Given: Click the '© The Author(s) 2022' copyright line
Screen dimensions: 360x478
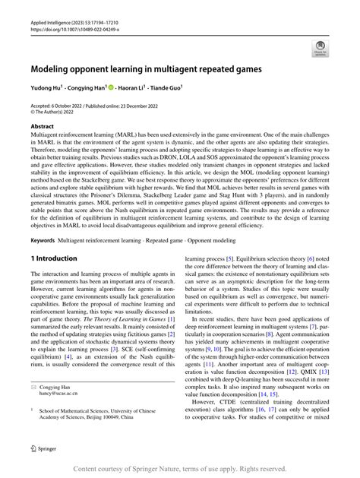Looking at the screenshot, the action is pyautogui.click(x=56, y=112).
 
